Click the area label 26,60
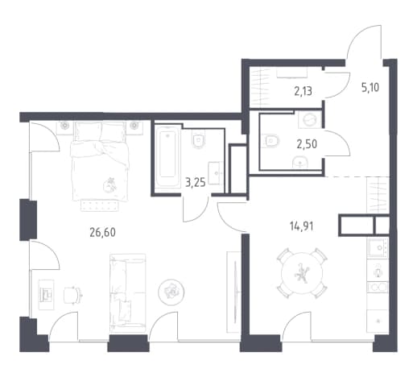click(x=103, y=233)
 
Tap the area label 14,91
click(x=301, y=226)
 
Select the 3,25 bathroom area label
click(x=196, y=183)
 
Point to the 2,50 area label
click(x=307, y=144)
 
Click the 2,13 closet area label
click(x=303, y=92)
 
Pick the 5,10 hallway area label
click(x=370, y=88)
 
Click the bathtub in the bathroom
click(x=168, y=155)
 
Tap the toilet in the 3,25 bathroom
click(x=199, y=140)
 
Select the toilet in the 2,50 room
click(x=272, y=140)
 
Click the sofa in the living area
click(x=127, y=293)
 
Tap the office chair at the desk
click(x=72, y=296)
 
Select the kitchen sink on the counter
click(x=378, y=248)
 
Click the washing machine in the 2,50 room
click(x=310, y=119)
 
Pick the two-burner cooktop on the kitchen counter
click(x=378, y=288)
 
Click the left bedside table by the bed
click(x=64, y=127)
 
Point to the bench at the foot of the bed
click(x=100, y=206)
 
